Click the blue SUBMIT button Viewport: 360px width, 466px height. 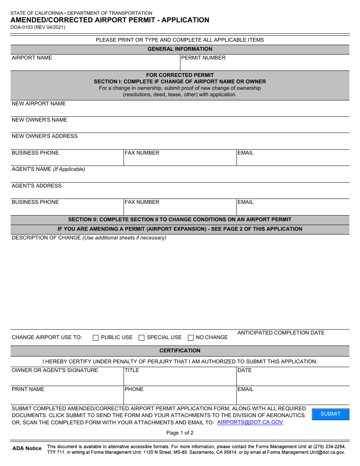pyautogui.click(x=330, y=414)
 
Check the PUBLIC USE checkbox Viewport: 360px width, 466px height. pyautogui.click(x=96, y=338)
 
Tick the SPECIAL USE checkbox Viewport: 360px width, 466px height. pyautogui.click(x=142, y=338)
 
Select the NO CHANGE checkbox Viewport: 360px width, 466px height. pyautogui.click(x=191, y=338)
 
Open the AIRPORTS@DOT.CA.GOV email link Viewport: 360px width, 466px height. pyautogui.click(x=250, y=422)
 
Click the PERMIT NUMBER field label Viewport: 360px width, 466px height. pyautogui.click(x=203, y=58)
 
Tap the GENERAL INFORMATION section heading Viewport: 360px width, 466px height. pyautogui.click(x=180, y=49)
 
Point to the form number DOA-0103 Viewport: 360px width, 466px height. pyautogui.click(x=22, y=27)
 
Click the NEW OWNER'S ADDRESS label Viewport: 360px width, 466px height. pyautogui.click(x=45, y=136)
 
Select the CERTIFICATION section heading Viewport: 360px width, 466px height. pyautogui.click(x=180, y=350)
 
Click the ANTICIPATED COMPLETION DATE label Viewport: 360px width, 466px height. pyautogui.click(x=281, y=333)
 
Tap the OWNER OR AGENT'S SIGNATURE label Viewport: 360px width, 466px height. pyautogui.click(x=55, y=371)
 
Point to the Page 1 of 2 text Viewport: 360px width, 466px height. pyautogui.click(x=180, y=433)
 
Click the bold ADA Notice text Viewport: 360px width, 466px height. pyautogui.click(x=27, y=448)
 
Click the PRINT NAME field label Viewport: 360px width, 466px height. pyautogui.click(x=28, y=389)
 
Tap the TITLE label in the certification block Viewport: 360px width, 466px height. pyautogui.click(x=132, y=371)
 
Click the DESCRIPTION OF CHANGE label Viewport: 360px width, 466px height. pyautogui.click(x=46, y=238)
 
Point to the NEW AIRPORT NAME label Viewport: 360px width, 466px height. pyautogui.click(x=39, y=104)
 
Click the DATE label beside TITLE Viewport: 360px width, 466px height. pyautogui.click(x=244, y=371)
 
